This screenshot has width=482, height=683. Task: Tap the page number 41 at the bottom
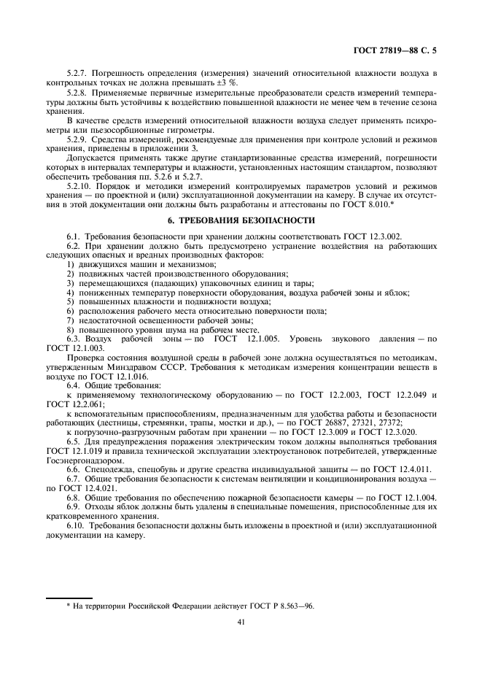[x=241, y=622]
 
